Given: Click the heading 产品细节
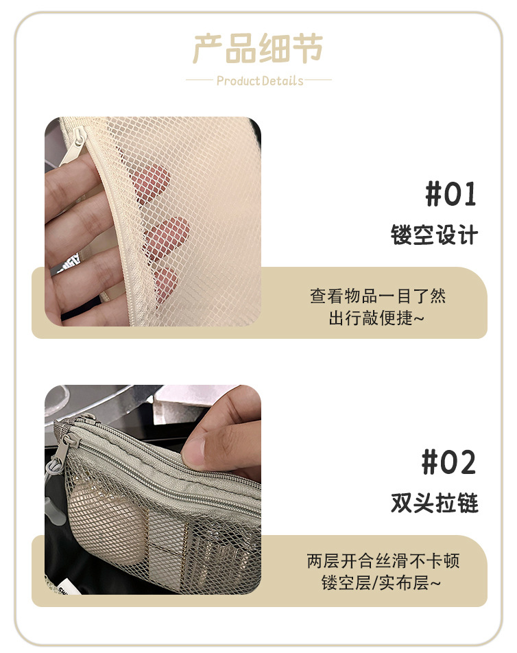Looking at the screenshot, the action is tap(258, 49).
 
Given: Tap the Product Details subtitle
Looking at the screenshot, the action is tap(260, 80).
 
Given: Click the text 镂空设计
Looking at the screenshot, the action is tap(434, 235).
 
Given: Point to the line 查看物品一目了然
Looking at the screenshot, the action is tap(378, 296).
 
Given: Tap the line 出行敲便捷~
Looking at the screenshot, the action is tap(376, 318).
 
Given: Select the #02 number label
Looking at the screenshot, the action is tap(448, 462).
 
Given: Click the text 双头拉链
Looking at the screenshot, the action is tap(434, 503).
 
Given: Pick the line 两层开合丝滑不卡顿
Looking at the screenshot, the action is tap(383, 561).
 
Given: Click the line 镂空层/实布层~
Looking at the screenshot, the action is tap(381, 582).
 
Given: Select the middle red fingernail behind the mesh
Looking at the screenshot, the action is tap(167, 236).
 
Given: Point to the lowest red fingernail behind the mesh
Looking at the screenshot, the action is tap(166, 283).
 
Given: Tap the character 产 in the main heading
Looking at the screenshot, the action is tap(208, 49).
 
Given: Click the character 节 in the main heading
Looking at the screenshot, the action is tap(308, 49).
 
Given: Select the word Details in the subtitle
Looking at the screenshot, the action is tap(282, 80).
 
